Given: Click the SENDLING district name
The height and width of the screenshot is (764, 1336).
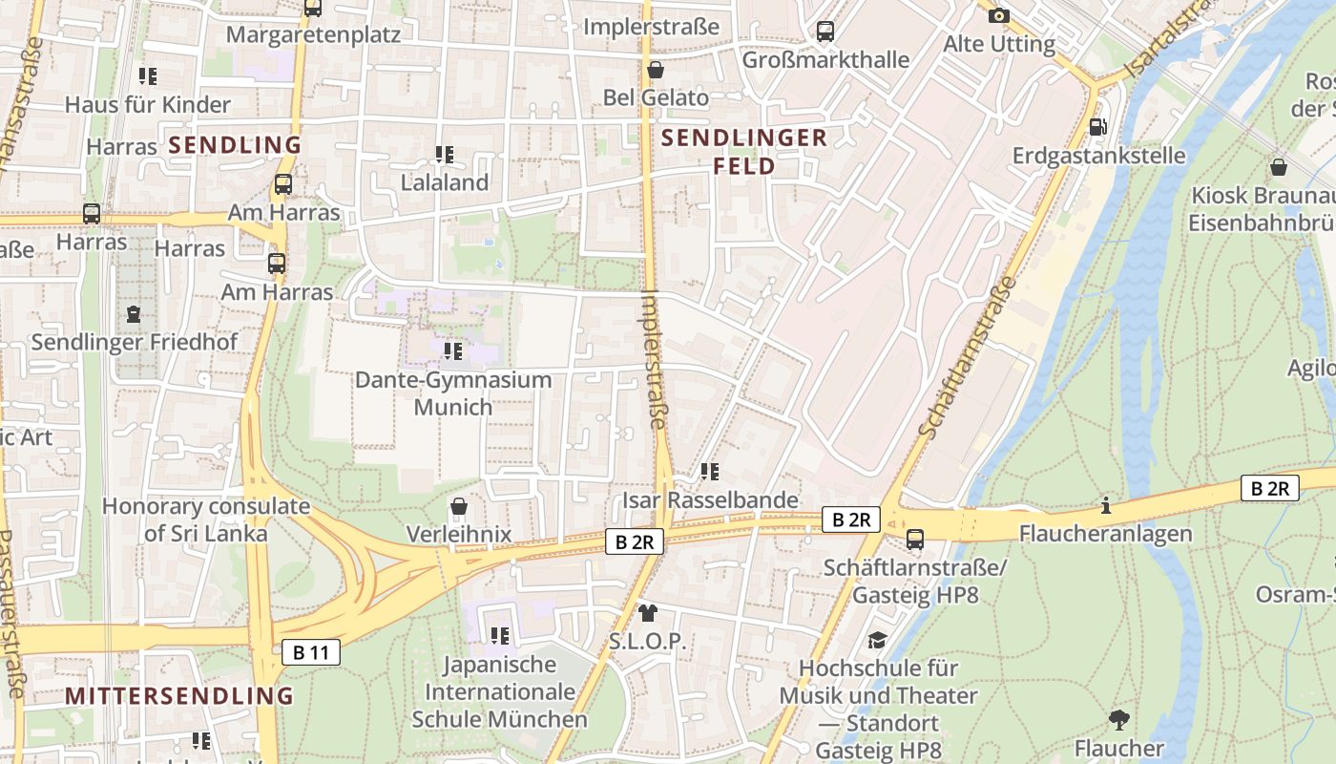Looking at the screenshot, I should (x=235, y=145).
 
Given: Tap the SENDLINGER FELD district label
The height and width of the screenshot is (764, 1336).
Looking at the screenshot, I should (x=744, y=152).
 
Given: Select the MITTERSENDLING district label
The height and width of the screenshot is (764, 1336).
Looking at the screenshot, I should (x=179, y=695).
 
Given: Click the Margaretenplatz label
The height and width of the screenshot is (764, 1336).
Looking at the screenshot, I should (x=313, y=34).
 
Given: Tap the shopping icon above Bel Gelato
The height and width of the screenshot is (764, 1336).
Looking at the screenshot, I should (x=655, y=70).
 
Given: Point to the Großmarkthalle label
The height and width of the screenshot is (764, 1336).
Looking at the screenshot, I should (x=825, y=59).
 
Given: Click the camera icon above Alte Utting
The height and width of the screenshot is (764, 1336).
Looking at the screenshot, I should (x=999, y=15).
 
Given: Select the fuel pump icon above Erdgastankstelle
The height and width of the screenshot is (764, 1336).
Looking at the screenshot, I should (x=1098, y=126).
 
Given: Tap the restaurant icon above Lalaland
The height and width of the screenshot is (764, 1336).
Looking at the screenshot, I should (x=444, y=154).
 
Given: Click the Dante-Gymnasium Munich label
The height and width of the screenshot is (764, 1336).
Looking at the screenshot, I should (x=453, y=393).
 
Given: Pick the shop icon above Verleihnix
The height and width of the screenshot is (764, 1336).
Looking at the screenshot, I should (x=459, y=505).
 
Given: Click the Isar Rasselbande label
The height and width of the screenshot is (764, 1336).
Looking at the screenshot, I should (x=710, y=499).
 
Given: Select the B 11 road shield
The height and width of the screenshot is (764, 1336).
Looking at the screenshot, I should (x=311, y=652).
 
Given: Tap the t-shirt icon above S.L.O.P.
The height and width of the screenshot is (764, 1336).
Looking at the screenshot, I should (x=648, y=612).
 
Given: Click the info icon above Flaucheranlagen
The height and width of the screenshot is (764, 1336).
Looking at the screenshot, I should (x=1106, y=505).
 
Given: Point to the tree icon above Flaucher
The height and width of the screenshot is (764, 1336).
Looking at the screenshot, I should (x=1119, y=719).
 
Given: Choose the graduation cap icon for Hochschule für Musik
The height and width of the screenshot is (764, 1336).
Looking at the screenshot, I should (x=877, y=640).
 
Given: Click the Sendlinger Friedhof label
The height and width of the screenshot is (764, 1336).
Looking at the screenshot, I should (x=135, y=341).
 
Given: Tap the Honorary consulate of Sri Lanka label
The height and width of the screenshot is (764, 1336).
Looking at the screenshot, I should (x=206, y=520).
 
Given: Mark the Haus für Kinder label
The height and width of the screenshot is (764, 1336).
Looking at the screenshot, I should (x=148, y=104).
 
